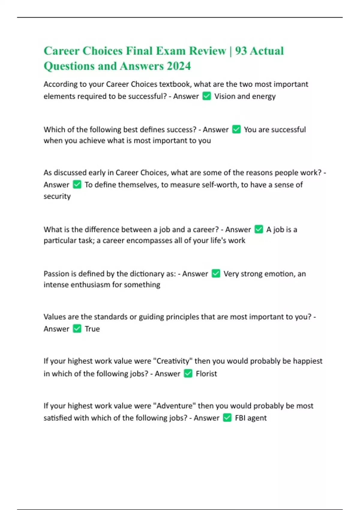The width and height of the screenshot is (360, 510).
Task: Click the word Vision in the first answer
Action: [224, 96]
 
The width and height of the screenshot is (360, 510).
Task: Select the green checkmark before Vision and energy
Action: [207, 96]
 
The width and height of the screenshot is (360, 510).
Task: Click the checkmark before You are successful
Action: [236, 129]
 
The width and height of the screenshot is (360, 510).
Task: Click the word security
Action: [57, 196]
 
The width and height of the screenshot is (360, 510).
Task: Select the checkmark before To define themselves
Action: [77, 184]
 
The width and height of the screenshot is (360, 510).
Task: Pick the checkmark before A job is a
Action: [259, 229]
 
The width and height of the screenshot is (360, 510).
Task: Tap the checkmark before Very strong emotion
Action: [216, 274]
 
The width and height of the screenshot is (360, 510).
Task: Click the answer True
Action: [92, 329]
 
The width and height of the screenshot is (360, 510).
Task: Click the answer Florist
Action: [206, 374]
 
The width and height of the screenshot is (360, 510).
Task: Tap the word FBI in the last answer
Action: [240, 418]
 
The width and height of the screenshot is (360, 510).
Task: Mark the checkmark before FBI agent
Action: [227, 418]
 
